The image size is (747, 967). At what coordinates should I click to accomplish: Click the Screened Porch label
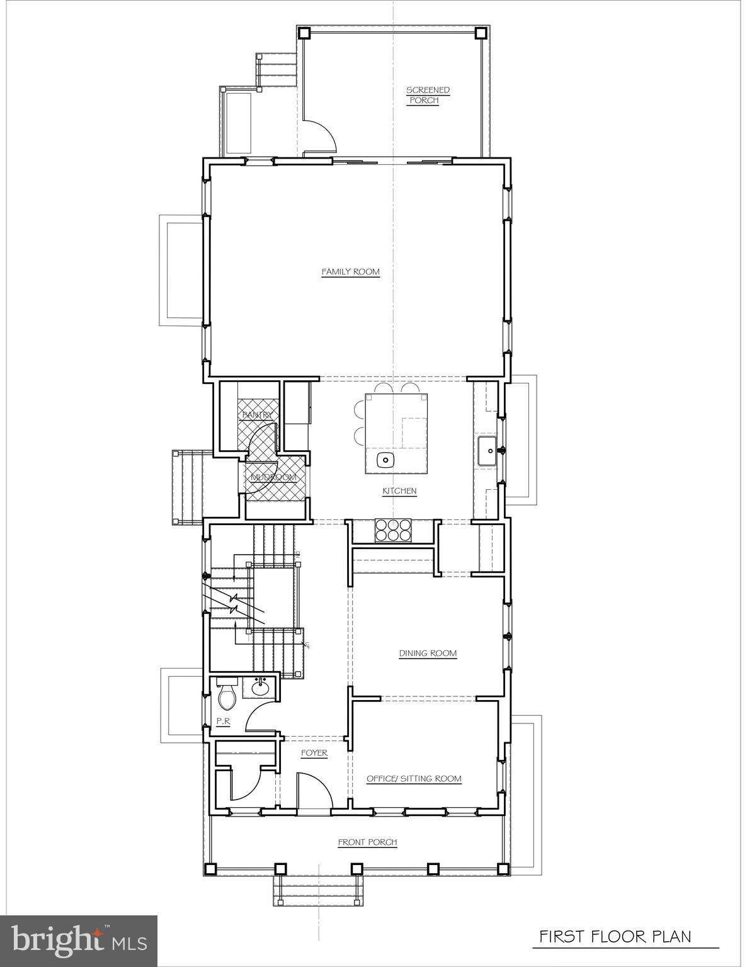428,95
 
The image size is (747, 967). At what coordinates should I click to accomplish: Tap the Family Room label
351,272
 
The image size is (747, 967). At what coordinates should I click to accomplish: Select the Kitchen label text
399,491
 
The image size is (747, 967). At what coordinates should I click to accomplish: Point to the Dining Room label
428,653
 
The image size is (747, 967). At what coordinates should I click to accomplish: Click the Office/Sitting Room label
414,779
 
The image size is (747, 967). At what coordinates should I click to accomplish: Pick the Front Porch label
367,842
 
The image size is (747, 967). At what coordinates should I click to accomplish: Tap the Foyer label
314,753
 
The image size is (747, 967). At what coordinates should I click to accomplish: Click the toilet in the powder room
227,696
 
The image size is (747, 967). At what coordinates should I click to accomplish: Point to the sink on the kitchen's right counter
487,451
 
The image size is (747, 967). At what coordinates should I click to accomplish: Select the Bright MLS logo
79,941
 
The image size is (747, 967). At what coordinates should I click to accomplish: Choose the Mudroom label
273,478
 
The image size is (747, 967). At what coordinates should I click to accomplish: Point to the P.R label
222,722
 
